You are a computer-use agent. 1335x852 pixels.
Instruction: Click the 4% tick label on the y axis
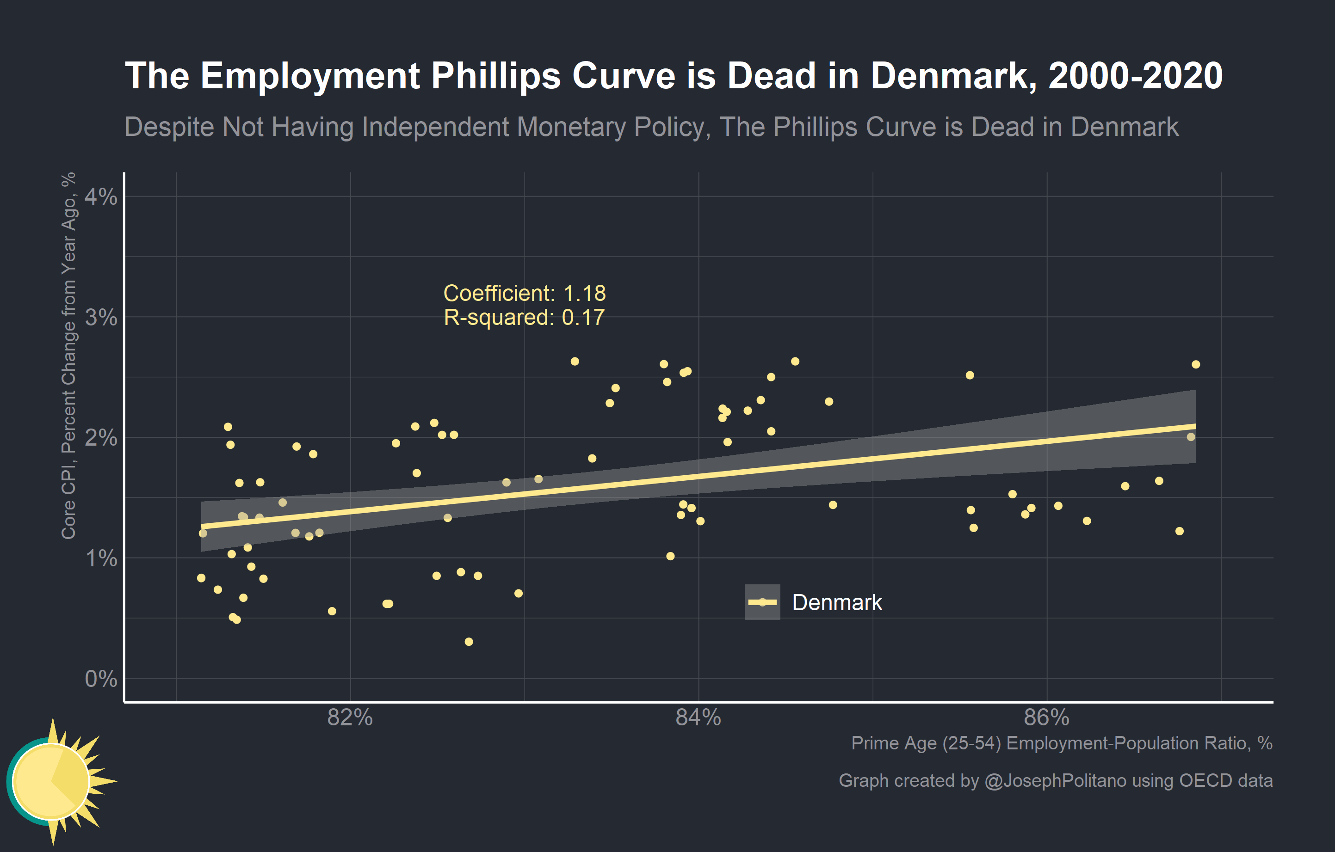tap(101, 196)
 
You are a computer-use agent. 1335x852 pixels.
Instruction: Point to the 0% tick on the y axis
tap(101, 679)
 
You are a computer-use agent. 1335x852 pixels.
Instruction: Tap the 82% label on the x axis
tap(350, 717)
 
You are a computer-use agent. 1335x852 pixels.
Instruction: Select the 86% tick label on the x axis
tap(1046, 717)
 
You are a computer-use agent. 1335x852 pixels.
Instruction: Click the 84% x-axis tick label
tap(698, 717)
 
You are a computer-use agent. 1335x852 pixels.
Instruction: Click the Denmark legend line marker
tap(762, 602)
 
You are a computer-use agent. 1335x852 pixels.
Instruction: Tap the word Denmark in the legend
tap(837, 603)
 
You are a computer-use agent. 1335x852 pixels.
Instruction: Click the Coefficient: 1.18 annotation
tap(525, 293)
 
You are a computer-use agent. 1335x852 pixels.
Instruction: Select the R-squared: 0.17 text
tap(524, 318)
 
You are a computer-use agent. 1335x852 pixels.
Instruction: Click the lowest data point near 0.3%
tap(469, 642)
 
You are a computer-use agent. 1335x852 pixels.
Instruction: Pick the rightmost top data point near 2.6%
tap(1196, 364)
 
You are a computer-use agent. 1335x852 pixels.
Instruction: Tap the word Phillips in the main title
tap(495, 76)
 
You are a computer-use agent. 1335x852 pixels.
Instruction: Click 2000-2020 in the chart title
tap(1135, 76)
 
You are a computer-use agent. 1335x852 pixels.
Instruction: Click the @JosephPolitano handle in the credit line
tap(1055, 780)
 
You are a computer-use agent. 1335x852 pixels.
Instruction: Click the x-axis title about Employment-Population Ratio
tap(1061, 743)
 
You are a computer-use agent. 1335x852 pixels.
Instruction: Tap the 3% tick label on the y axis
tap(101, 318)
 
